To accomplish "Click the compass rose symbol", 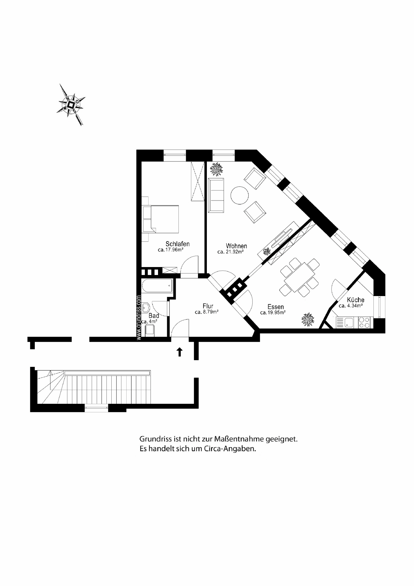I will pyautogui.click(x=71, y=105).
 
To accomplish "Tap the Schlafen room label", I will pyautogui.click(x=178, y=244).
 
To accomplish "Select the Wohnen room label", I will pyautogui.click(x=236, y=246).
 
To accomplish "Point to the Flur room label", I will pyautogui.click(x=208, y=306).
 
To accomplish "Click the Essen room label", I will pyautogui.click(x=275, y=307).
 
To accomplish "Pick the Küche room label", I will pyautogui.click(x=355, y=300).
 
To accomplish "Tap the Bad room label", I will pyautogui.click(x=154, y=316).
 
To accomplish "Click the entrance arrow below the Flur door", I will pyautogui.click(x=180, y=352).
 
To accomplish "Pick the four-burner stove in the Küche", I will pyautogui.click(x=364, y=323).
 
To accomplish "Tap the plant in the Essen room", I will pyautogui.click(x=308, y=319).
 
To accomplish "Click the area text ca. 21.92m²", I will pyautogui.click(x=230, y=252).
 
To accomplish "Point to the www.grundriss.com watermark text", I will pyautogui.click(x=139, y=317).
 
